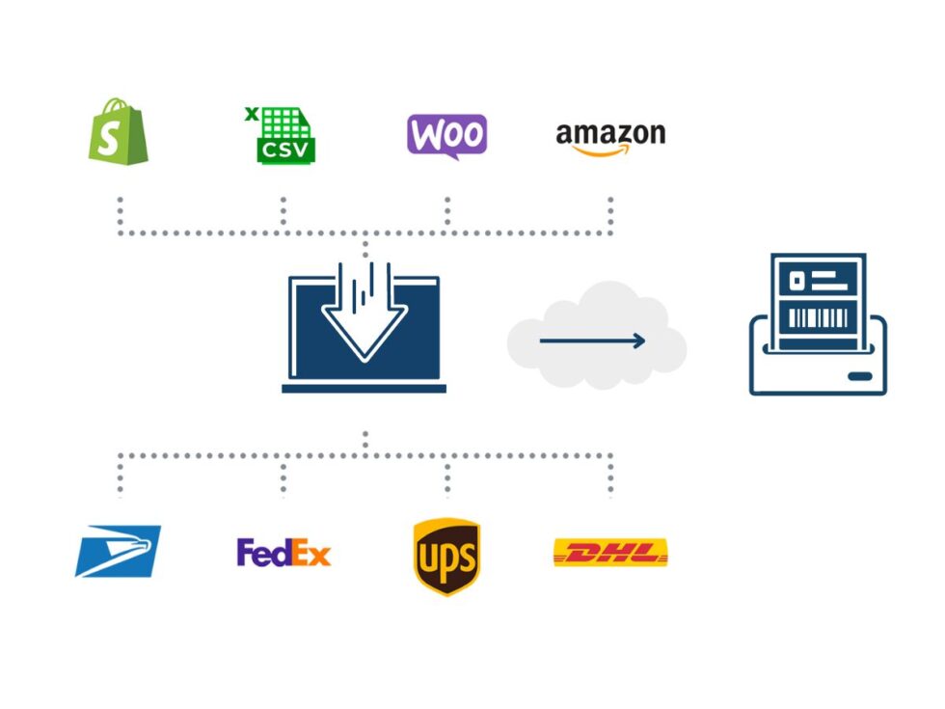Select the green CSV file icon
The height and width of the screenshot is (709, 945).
[x=283, y=136]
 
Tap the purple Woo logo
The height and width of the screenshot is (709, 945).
[x=446, y=135]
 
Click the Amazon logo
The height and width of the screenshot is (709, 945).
[x=610, y=136]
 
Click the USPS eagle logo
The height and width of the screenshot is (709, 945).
[x=118, y=552]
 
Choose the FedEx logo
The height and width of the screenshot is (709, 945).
[x=283, y=553]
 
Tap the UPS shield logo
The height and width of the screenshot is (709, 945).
[x=446, y=557]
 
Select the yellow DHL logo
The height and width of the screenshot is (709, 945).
[x=610, y=553]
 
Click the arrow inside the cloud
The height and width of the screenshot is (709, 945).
[x=592, y=341]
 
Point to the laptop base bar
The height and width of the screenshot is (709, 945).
[x=364, y=389]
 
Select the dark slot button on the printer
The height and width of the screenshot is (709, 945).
[x=860, y=376]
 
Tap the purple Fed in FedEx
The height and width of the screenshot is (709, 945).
[x=261, y=553]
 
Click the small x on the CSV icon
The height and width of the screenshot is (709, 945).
[x=252, y=114]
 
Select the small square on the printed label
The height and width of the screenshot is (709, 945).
[x=796, y=281]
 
